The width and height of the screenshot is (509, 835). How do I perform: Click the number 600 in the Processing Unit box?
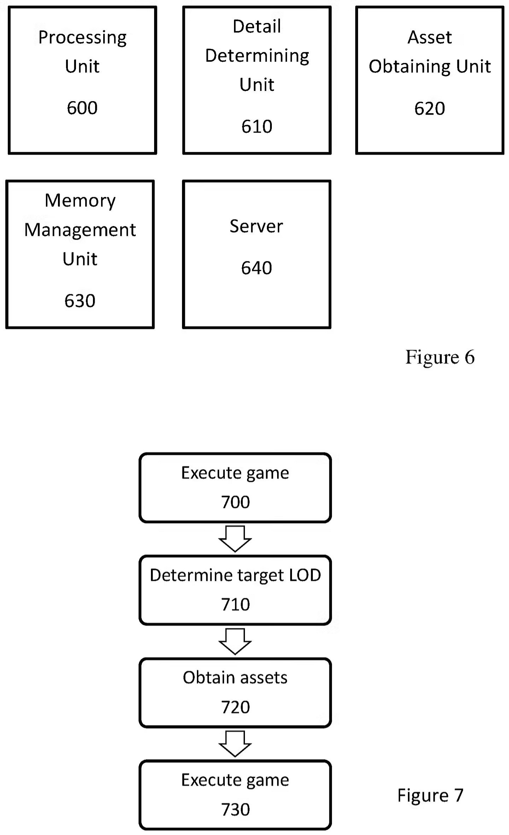82,108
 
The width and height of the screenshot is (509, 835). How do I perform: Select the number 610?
257,126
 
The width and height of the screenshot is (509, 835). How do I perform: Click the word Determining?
257,56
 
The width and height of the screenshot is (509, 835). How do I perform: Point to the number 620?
429,108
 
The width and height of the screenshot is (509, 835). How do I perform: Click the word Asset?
429,37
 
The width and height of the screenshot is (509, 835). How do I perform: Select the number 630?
80,301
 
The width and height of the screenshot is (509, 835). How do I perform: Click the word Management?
80,230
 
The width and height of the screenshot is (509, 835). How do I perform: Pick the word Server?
256,226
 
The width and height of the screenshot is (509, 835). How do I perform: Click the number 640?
256,268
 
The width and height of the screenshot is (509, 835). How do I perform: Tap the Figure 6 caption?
440,357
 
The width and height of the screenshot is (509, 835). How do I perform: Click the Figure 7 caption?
430,795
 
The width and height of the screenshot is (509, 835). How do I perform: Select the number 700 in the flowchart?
235,502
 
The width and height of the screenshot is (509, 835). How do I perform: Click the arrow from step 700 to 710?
235,539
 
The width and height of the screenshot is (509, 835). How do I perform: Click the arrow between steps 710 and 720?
235,641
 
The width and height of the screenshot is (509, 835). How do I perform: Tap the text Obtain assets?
235,678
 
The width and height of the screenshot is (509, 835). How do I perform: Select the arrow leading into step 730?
235,743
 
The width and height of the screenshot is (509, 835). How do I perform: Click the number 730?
235,809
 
